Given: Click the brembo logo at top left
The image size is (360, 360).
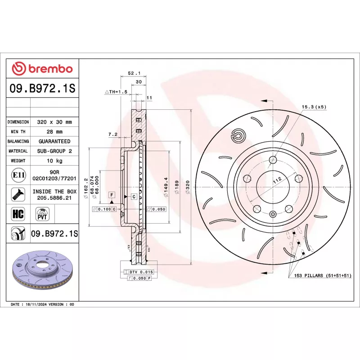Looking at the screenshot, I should tap(42, 69).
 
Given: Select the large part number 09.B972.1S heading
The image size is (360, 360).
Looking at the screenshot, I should tap(42, 89).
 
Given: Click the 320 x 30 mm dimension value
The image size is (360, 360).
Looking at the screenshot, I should tap(54, 122).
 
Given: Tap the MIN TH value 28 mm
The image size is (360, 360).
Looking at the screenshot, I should tap(54, 132).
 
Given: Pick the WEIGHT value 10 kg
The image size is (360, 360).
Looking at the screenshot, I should tap(54, 161).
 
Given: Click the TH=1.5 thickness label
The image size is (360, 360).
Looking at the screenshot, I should tap(117, 92).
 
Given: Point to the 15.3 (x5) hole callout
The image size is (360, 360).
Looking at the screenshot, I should tap(314, 107).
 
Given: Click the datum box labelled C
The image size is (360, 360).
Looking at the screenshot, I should tap(134, 197).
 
